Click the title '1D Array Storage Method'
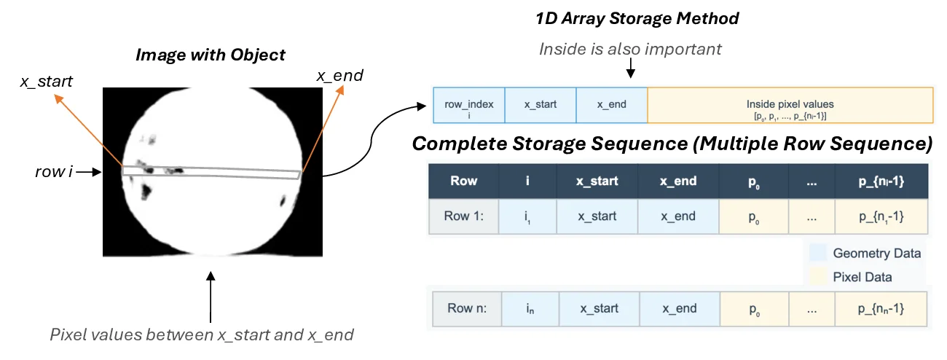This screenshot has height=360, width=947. coord(637,19)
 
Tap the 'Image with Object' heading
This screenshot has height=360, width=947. coord(211,55)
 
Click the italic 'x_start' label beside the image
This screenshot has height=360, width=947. coord(46,81)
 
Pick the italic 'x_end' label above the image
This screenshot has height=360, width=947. coord(339,75)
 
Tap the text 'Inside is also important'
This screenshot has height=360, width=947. coord(630,50)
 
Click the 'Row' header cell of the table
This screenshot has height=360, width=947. coord(463,181)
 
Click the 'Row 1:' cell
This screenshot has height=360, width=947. coord(463,216)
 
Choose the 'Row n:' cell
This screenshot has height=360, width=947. coord(466,308)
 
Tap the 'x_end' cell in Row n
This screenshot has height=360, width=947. coord(679,308)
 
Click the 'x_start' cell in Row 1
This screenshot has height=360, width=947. coord(597,216)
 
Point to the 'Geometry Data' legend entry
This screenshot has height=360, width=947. coord(876,254)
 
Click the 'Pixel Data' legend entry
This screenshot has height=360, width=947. coord(862,277)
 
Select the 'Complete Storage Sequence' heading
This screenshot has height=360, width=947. coord(672,144)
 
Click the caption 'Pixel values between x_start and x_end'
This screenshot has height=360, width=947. coord(201,335)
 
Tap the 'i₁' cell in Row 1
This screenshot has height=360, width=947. coord(527,216)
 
